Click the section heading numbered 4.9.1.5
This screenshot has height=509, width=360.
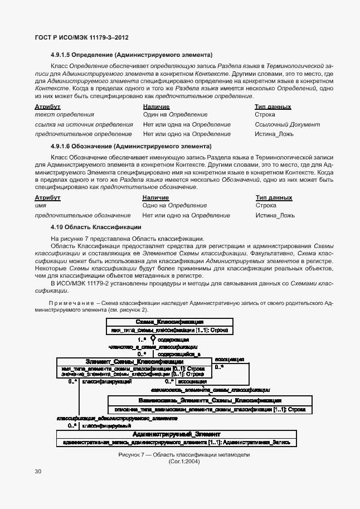132,55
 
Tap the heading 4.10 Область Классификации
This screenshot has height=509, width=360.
95,227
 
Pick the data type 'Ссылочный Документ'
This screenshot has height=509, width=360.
287,124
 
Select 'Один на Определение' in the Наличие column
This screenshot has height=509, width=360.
175,114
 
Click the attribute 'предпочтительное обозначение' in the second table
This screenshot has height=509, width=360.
83,215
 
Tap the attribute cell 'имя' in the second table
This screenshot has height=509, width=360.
40,206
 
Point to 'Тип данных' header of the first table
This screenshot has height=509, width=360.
273,106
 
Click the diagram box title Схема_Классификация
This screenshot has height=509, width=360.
169,322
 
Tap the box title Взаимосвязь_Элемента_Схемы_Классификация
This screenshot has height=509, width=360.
210,400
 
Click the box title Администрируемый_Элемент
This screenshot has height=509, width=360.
177,434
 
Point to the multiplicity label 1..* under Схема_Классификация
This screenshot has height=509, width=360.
142,338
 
